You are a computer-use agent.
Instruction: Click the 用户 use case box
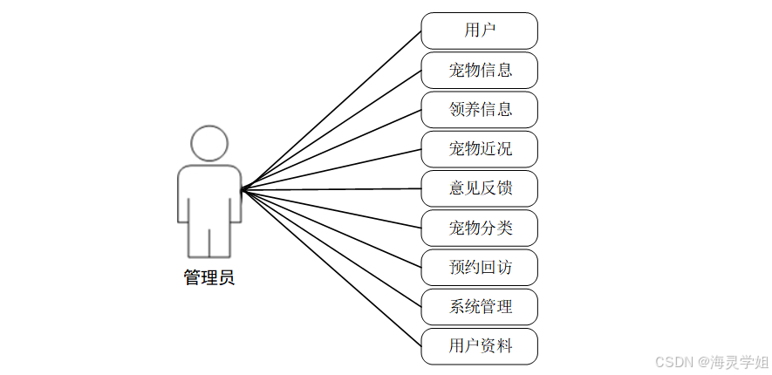pyautogui.click(x=479, y=31)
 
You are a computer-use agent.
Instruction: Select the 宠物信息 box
pyautogui.click(x=479, y=70)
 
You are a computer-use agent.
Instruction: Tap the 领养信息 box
pyautogui.click(x=479, y=110)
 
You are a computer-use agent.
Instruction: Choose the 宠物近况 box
pyautogui.click(x=479, y=149)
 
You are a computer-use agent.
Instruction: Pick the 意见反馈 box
pyautogui.click(x=479, y=188)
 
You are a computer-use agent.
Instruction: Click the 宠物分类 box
pyautogui.click(x=479, y=228)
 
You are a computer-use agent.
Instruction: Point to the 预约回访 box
pyautogui.click(x=479, y=268)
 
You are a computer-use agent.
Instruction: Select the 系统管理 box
pyautogui.click(x=479, y=307)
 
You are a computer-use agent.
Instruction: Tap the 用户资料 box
pyautogui.click(x=479, y=346)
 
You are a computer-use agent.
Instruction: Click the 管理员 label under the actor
pyautogui.click(x=209, y=278)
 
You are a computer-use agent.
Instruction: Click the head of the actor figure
pyautogui.click(x=209, y=143)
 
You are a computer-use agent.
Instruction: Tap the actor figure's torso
pyautogui.click(x=209, y=192)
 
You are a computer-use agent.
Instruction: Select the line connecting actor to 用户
pyautogui.click(x=331, y=110)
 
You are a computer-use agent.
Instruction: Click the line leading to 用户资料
pyautogui.click(x=331, y=268)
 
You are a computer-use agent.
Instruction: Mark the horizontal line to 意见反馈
pyautogui.click(x=331, y=188)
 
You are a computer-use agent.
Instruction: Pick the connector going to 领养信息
pyautogui.click(x=331, y=149)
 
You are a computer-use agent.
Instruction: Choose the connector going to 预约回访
pyautogui.click(x=331, y=228)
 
